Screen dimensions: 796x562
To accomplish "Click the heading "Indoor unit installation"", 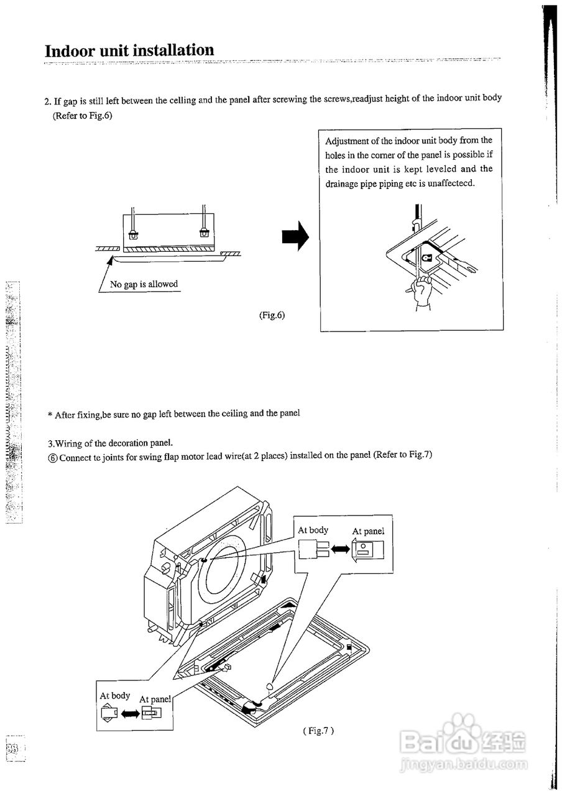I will pyautogui.click(x=129, y=50).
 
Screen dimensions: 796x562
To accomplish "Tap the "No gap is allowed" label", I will pyautogui.click(x=144, y=284).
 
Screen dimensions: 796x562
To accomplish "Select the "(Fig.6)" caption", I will pyautogui.click(x=272, y=315).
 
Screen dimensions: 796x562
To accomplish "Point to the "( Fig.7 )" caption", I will pyautogui.click(x=319, y=731).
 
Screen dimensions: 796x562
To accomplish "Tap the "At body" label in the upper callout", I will pyautogui.click(x=313, y=530).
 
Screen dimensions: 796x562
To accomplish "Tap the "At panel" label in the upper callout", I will pyautogui.click(x=368, y=531).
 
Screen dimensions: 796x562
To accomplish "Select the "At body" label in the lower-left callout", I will pyautogui.click(x=115, y=696).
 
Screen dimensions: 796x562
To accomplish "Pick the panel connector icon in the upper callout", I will pyautogui.click(x=368, y=550).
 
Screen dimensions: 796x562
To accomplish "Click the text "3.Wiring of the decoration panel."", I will pyautogui.click(x=110, y=443).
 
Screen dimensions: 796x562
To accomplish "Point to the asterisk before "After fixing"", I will pyautogui.click(x=50, y=415).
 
